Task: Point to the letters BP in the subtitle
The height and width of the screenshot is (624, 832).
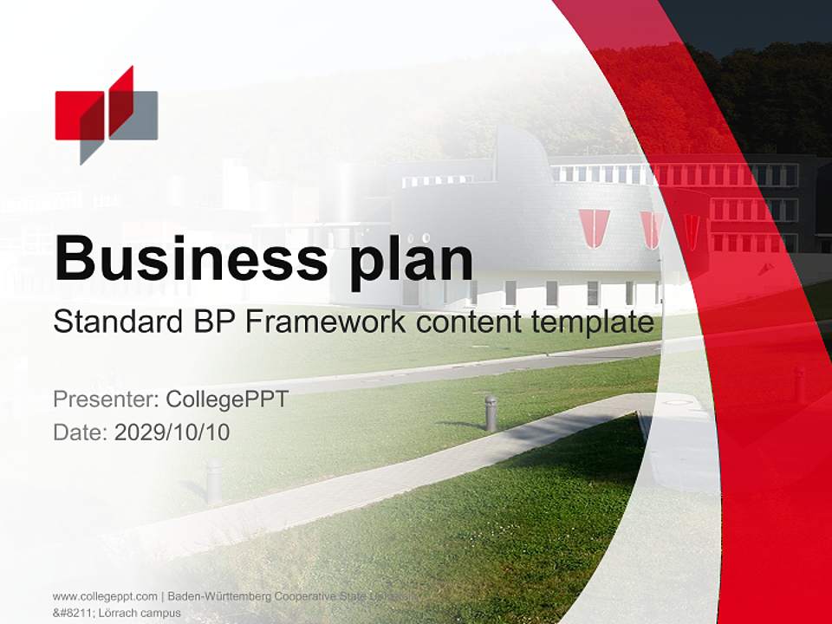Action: click(x=211, y=322)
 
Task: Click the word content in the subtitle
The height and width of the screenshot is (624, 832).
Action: click(x=469, y=322)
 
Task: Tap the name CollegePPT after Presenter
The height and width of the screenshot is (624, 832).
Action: click(x=226, y=400)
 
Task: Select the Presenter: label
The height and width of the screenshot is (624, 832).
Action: click(x=106, y=400)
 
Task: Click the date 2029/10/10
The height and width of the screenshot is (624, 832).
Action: click(x=172, y=432)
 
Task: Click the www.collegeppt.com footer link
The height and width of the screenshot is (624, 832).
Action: click(x=105, y=596)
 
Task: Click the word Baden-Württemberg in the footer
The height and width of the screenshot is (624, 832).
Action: click(x=219, y=596)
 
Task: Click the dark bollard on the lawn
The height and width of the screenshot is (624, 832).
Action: click(x=491, y=413)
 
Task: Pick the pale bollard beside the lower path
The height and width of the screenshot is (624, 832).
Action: click(x=213, y=481)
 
